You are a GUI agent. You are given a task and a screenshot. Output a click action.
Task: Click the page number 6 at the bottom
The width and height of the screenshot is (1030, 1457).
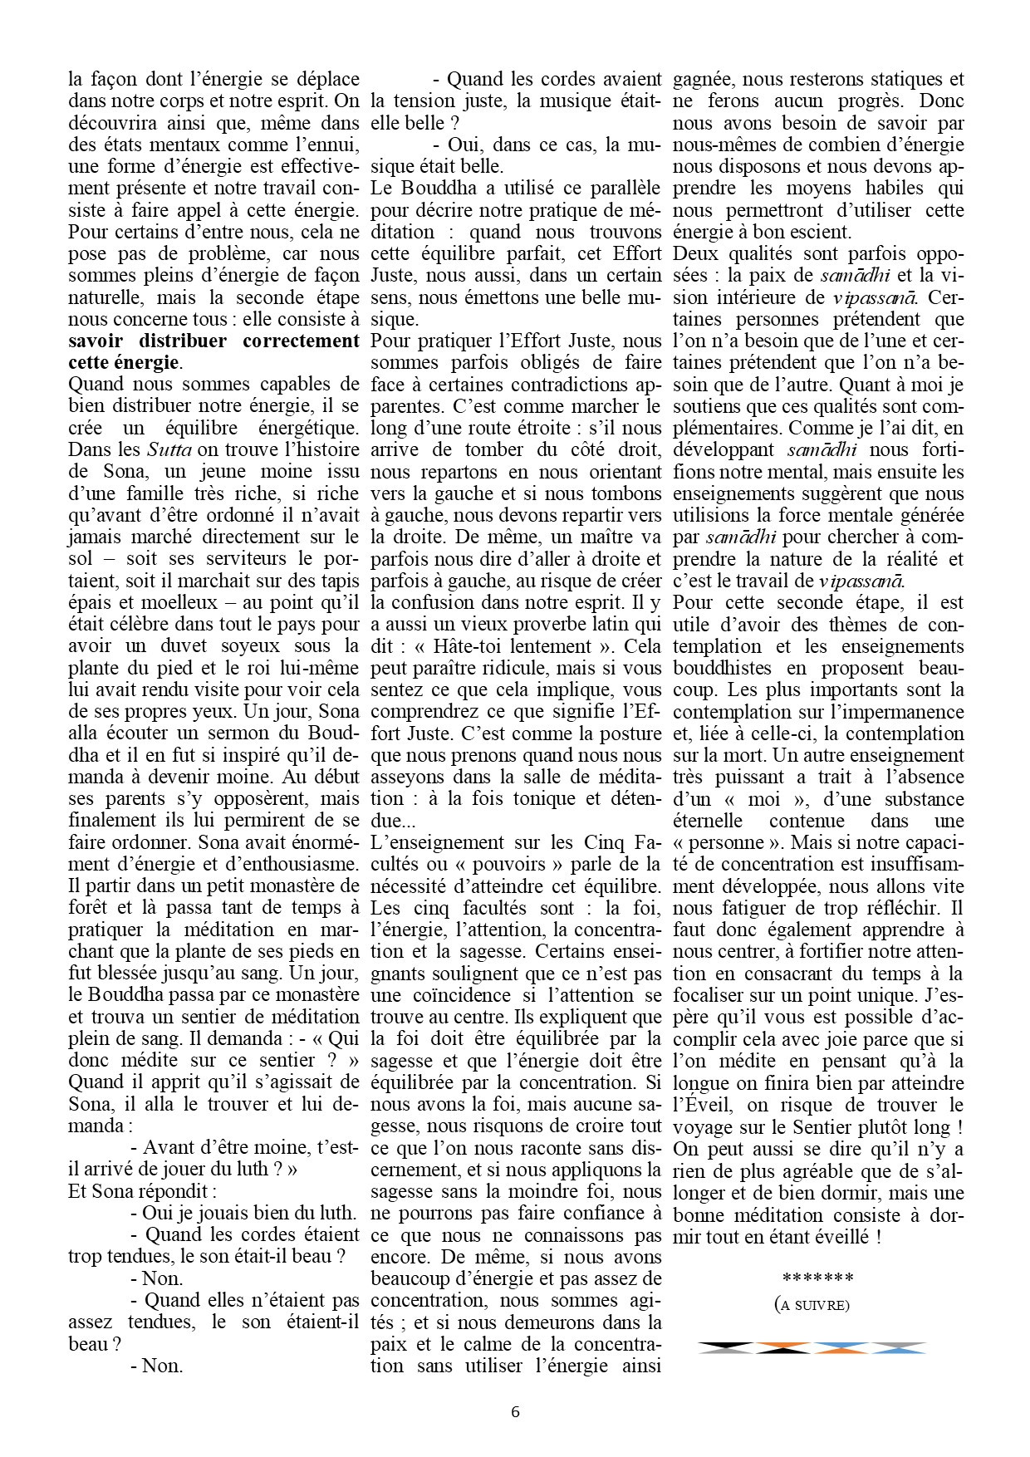pos(516,1411)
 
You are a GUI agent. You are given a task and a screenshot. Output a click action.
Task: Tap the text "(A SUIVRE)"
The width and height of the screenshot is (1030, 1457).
pos(812,1305)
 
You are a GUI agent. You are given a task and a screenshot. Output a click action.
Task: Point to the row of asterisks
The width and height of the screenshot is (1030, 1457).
pos(812,1278)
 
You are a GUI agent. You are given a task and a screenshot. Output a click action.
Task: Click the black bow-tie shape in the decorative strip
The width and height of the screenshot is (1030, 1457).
pos(727,1347)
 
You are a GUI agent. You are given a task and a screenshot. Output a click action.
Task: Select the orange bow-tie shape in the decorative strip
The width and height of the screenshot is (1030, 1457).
pos(784,1347)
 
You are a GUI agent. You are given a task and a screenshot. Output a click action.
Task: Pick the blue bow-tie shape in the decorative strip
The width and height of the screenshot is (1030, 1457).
pos(841,1347)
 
